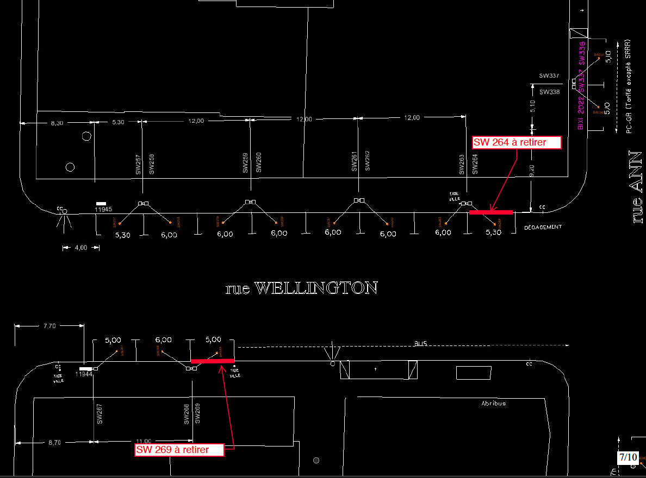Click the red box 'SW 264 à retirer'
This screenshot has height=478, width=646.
pos(517,143)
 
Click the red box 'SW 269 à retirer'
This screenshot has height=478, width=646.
pos(179,450)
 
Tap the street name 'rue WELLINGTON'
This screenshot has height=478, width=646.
pos(301,288)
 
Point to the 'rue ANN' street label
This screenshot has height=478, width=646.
pos(636,187)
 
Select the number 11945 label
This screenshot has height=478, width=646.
pos(103,209)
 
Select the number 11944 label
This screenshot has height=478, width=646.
pos(84,374)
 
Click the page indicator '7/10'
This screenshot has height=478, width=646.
pos(628,457)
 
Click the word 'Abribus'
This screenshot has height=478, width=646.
pos(493,404)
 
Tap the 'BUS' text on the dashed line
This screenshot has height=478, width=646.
pos(421,344)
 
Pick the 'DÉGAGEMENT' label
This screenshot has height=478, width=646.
pos(543,227)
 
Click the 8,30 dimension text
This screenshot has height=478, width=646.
pos(57,123)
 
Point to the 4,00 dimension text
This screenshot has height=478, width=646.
pos(80,248)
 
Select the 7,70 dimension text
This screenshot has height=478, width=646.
pos(49,326)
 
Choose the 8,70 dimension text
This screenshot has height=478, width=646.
pos(54,443)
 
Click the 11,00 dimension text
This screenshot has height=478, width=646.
pos(144,442)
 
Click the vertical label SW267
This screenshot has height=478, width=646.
pos(100,414)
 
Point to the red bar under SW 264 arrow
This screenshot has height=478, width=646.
pos(491,212)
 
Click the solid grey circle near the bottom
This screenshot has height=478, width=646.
pos(316,461)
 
